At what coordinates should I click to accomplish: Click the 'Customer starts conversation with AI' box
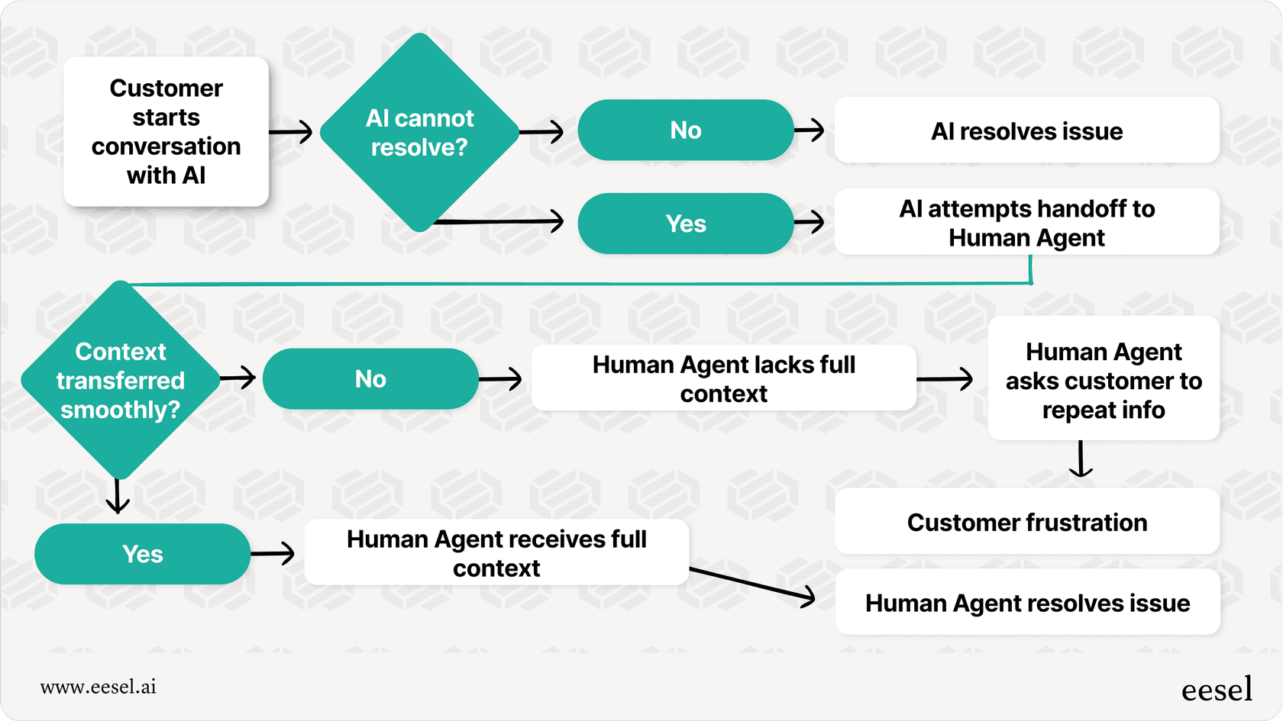(166, 131)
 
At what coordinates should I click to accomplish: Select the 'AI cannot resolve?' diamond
(419, 133)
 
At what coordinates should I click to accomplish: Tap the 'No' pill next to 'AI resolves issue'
(685, 130)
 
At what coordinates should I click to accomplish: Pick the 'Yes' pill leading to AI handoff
(685, 224)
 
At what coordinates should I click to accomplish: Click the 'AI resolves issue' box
(1026, 131)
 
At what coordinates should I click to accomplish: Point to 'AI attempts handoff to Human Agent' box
(1026, 223)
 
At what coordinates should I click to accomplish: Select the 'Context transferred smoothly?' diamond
(120, 380)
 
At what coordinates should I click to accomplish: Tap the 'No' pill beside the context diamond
(370, 379)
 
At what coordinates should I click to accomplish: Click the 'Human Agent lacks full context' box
(723, 378)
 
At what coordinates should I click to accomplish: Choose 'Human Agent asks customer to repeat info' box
(1103, 380)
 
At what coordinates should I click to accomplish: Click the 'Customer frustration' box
(1026, 523)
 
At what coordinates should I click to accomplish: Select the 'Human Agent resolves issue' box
(1026, 603)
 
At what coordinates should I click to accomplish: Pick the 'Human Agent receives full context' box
(496, 553)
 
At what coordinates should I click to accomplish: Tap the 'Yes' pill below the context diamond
(142, 554)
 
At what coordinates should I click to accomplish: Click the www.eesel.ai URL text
(99, 687)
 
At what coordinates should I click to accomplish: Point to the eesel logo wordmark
(1217, 689)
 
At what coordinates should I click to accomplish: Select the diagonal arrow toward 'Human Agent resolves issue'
(752, 584)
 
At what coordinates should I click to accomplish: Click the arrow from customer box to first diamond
(291, 131)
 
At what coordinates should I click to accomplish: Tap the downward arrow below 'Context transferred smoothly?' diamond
(117, 496)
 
